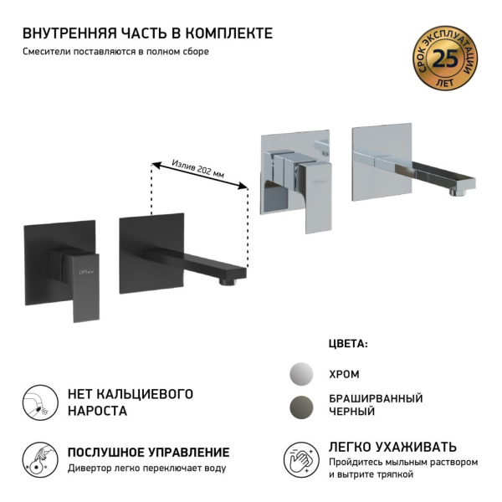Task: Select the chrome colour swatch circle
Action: (303, 373)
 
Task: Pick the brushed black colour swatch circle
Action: (303, 405)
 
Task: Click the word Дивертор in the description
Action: (90, 468)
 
